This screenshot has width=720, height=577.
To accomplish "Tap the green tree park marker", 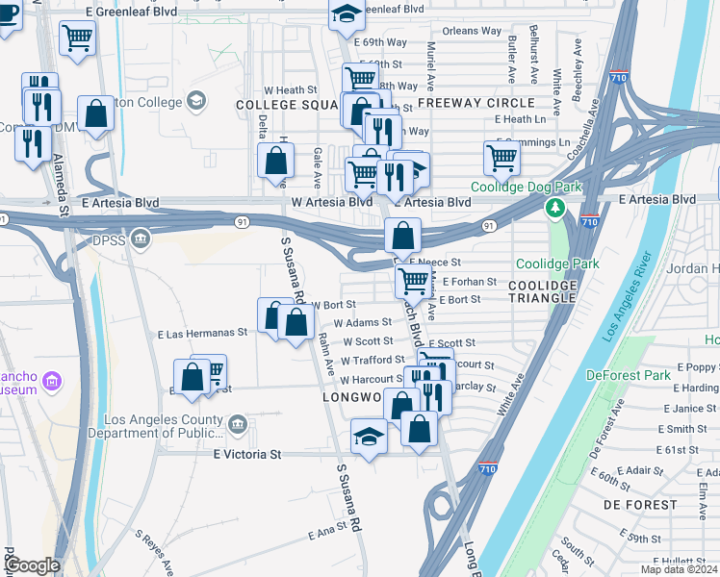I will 554,208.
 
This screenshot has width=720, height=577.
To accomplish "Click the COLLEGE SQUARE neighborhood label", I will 285,103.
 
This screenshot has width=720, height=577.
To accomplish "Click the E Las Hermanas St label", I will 202,333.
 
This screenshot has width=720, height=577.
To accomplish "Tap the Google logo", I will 33,565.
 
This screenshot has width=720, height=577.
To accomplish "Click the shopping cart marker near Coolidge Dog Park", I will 502,157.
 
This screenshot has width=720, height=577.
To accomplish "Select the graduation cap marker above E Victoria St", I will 369,437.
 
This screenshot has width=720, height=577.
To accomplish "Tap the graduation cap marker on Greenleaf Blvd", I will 347,13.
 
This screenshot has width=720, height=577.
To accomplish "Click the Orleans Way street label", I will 472,31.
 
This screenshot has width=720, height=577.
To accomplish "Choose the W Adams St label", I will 362,323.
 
